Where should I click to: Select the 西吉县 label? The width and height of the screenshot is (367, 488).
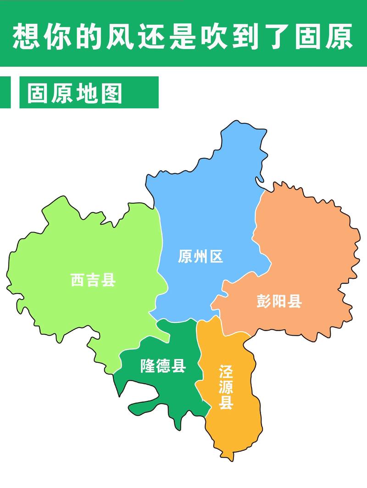(93, 280)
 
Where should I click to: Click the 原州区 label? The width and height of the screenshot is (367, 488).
(200, 256)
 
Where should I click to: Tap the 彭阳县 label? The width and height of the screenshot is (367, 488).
(279, 301)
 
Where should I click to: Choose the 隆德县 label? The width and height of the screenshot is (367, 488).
(163, 366)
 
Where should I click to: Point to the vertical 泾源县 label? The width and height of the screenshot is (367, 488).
(226, 387)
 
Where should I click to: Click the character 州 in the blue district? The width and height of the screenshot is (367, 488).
(200, 256)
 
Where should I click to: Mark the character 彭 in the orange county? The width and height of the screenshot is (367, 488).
(264, 301)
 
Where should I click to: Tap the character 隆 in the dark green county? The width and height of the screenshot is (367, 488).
(148, 366)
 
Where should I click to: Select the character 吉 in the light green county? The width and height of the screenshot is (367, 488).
(93, 280)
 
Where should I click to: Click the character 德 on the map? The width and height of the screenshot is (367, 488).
(163, 366)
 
